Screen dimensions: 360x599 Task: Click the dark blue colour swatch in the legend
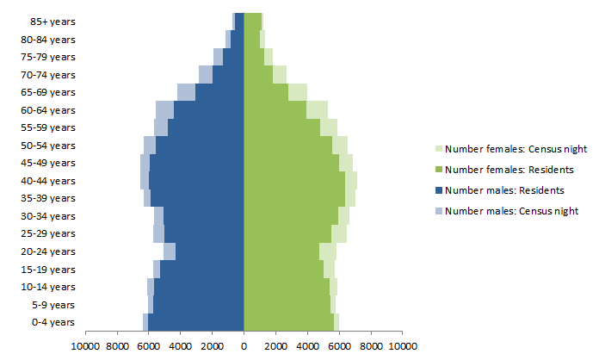(x=439, y=190)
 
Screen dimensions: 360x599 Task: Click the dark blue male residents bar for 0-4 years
(x=196, y=322)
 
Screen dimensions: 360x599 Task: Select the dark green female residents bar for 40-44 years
(x=294, y=181)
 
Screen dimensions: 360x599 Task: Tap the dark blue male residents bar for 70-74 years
(x=228, y=75)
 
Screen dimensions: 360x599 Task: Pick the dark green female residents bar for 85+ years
(x=252, y=22)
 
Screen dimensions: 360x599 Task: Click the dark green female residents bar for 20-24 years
(x=281, y=251)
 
